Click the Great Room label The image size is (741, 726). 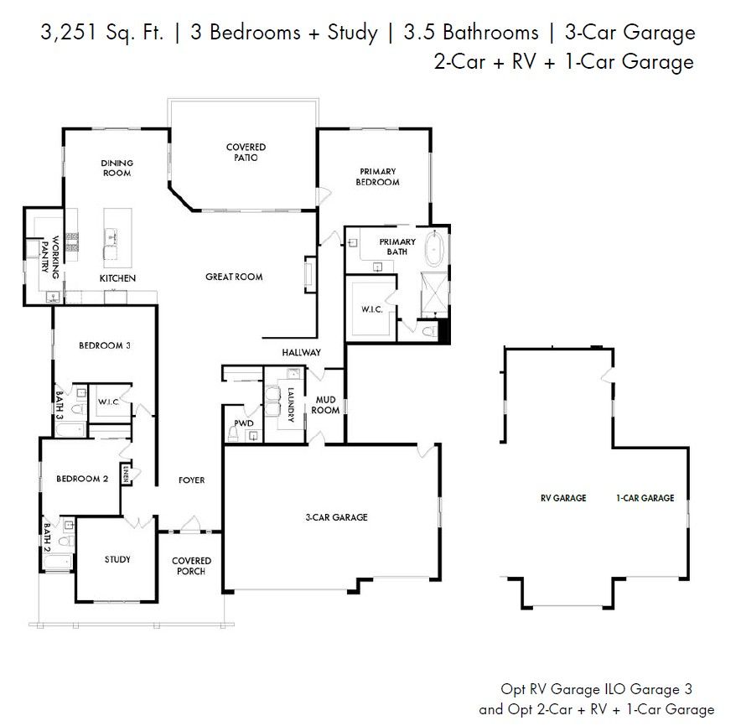tap(234, 277)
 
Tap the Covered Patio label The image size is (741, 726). tap(246, 153)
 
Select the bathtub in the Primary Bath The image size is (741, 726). tap(434, 248)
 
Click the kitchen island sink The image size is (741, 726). tap(111, 236)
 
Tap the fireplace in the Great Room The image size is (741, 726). tap(309, 275)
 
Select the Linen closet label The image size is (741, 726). tap(125, 474)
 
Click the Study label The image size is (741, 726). tap(117, 560)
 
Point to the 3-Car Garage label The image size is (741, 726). tap(336, 517)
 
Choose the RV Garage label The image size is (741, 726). tap(563, 498)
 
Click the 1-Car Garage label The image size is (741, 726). tap(645, 498)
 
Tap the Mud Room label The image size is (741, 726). tap(325, 405)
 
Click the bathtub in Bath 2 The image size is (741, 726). tap(58, 562)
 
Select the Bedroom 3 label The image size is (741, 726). tap(105, 345)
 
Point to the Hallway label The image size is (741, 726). tap(302, 353)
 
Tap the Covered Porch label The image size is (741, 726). tap(191, 566)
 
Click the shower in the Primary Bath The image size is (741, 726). tap(434, 294)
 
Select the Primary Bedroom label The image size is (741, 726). tap(377, 177)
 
